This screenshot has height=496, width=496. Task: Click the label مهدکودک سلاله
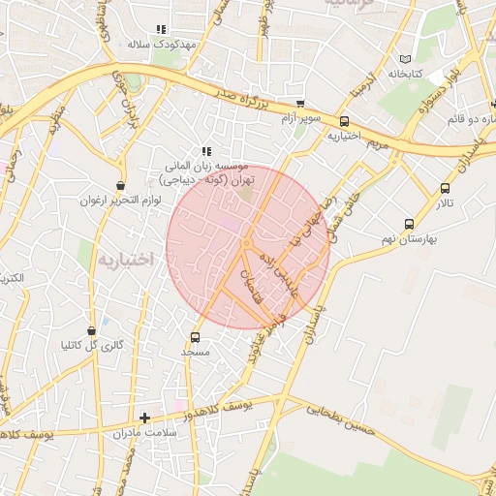tap(163, 45)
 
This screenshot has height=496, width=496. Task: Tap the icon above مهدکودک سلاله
tap(161, 30)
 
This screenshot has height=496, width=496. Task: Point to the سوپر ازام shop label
tap(299, 118)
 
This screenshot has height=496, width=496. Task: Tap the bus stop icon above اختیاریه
tap(344, 121)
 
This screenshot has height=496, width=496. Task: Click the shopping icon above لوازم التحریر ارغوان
tap(120, 185)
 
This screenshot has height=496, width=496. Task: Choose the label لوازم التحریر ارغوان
tap(116, 201)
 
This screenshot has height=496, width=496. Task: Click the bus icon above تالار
tap(445, 189)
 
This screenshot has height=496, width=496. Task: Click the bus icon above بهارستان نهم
tap(408, 224)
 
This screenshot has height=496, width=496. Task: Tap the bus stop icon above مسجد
tap(196, 338)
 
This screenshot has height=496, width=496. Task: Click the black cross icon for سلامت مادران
tap(145, 418)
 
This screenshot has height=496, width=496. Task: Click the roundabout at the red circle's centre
tap(247, 242)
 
